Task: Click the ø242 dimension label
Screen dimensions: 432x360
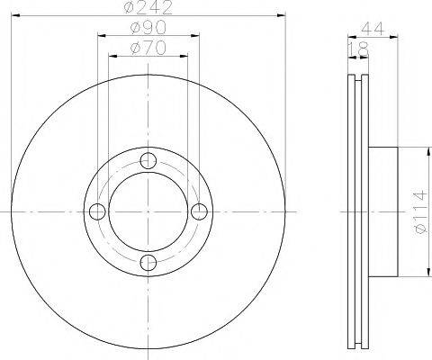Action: click(x=148, y=7)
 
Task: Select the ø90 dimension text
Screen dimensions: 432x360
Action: click(x=148, y=28)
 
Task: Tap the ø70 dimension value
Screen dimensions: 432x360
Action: click(x=148, y=48)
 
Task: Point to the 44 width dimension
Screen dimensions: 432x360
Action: click(x=373, y=29)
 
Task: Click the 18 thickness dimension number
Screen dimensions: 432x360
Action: click(x=358, y=49)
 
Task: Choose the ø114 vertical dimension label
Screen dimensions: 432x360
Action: click(x=419, y=211)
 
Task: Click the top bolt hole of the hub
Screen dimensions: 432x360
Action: click(x=148, y=161)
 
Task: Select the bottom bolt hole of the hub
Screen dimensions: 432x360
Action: click(x=148, y=263)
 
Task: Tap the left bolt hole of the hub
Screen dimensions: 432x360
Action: click(x=97, y=211)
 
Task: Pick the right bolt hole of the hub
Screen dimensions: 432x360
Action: click(x=199, y=211)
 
